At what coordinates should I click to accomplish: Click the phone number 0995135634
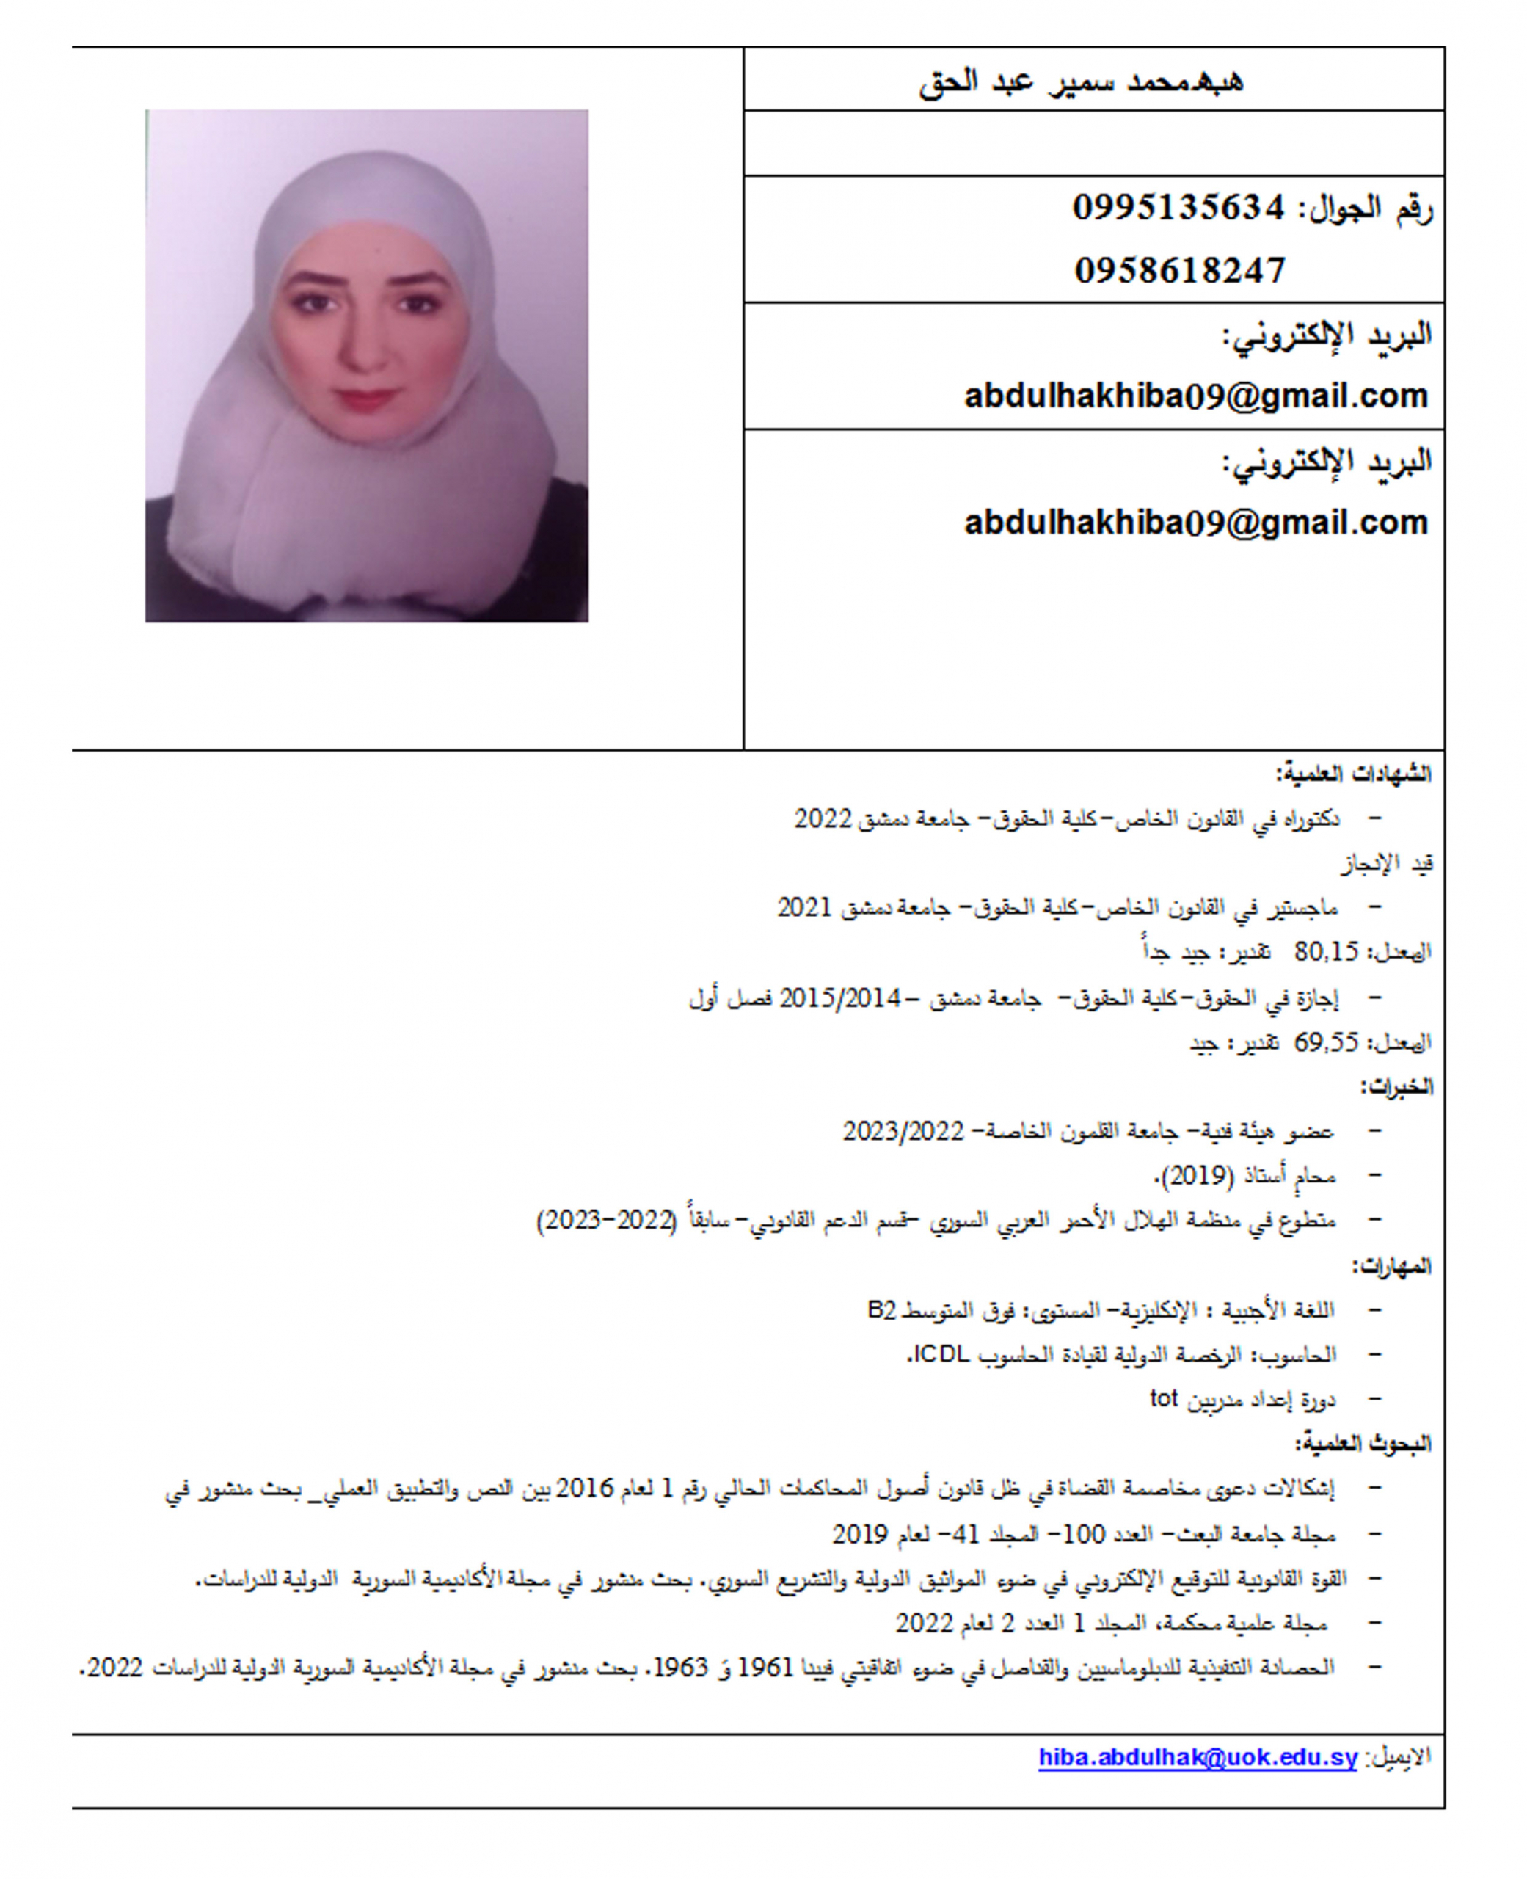pos(1178,208)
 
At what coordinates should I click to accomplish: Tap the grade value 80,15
pos(1327,952)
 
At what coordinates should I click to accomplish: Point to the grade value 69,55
pos(1327,1042)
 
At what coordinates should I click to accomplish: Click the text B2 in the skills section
pos(881,1310)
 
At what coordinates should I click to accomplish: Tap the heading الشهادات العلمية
pos(1355,774)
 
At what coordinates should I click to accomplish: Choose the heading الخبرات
pos(1397,1087)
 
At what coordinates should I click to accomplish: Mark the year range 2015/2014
pos(840,997)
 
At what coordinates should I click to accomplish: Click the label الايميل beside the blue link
pos(1399,1758)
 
